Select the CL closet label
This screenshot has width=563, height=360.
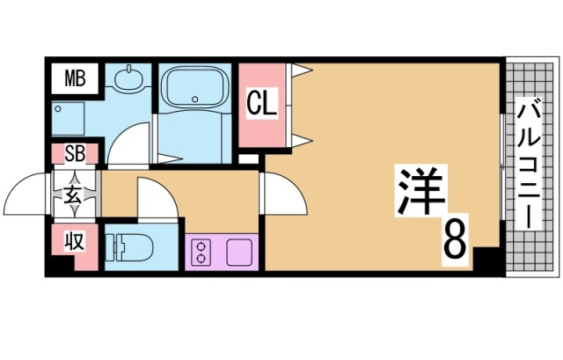click(261, 105)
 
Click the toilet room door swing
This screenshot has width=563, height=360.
click(152, 198)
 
